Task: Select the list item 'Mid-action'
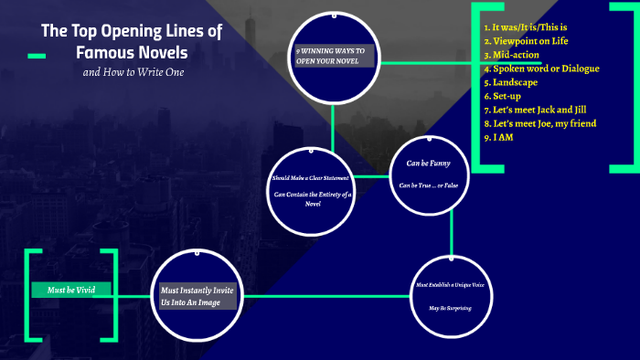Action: click(x=515, y=55)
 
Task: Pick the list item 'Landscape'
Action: click(x=514, y=81)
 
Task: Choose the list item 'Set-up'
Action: click(x=509, y=95)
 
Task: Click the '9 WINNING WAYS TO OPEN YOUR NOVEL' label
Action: click(x=333, y=57)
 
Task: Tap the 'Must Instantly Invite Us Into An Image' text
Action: click(x=198, y=296)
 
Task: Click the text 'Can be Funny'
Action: click(x=429, y=164)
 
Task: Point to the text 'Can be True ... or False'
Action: click(x=429, y=185)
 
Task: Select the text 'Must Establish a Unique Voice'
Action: click(x=451, y=285)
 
